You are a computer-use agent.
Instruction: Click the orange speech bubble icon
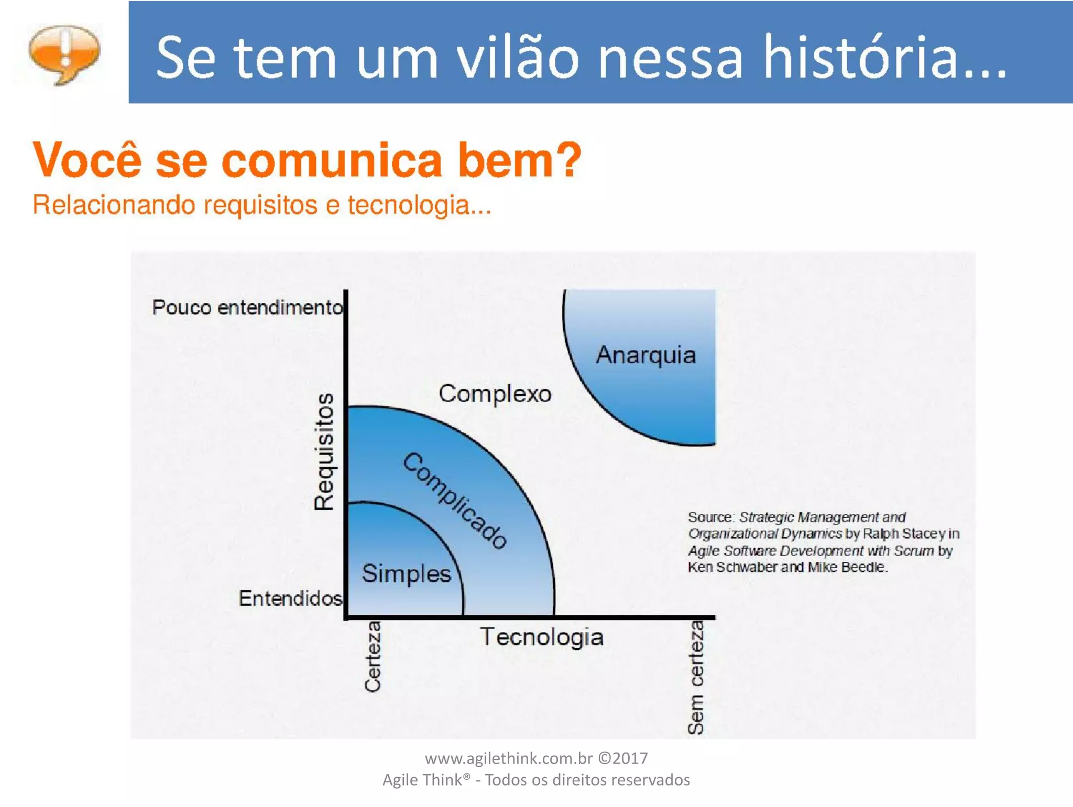[64, 54]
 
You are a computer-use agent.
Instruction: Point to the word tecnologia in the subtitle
[419, 205]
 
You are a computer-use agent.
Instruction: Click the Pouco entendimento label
[247, 307]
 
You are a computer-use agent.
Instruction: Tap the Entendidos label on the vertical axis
[290, 598]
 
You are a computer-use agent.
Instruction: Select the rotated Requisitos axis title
[324, 451]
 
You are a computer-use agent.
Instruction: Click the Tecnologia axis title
[542, 637]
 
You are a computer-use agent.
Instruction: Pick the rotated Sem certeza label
[696, 677]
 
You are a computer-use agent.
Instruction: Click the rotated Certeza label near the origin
[373, 657]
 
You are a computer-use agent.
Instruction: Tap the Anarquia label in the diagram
[646, 355]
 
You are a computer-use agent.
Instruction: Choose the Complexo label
[495, 394]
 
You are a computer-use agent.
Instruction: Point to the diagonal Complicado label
[455, 500]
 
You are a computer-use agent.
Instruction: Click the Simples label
[406, 573]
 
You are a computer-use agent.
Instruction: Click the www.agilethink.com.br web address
[508, 758]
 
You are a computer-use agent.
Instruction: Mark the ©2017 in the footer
[623, 758]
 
